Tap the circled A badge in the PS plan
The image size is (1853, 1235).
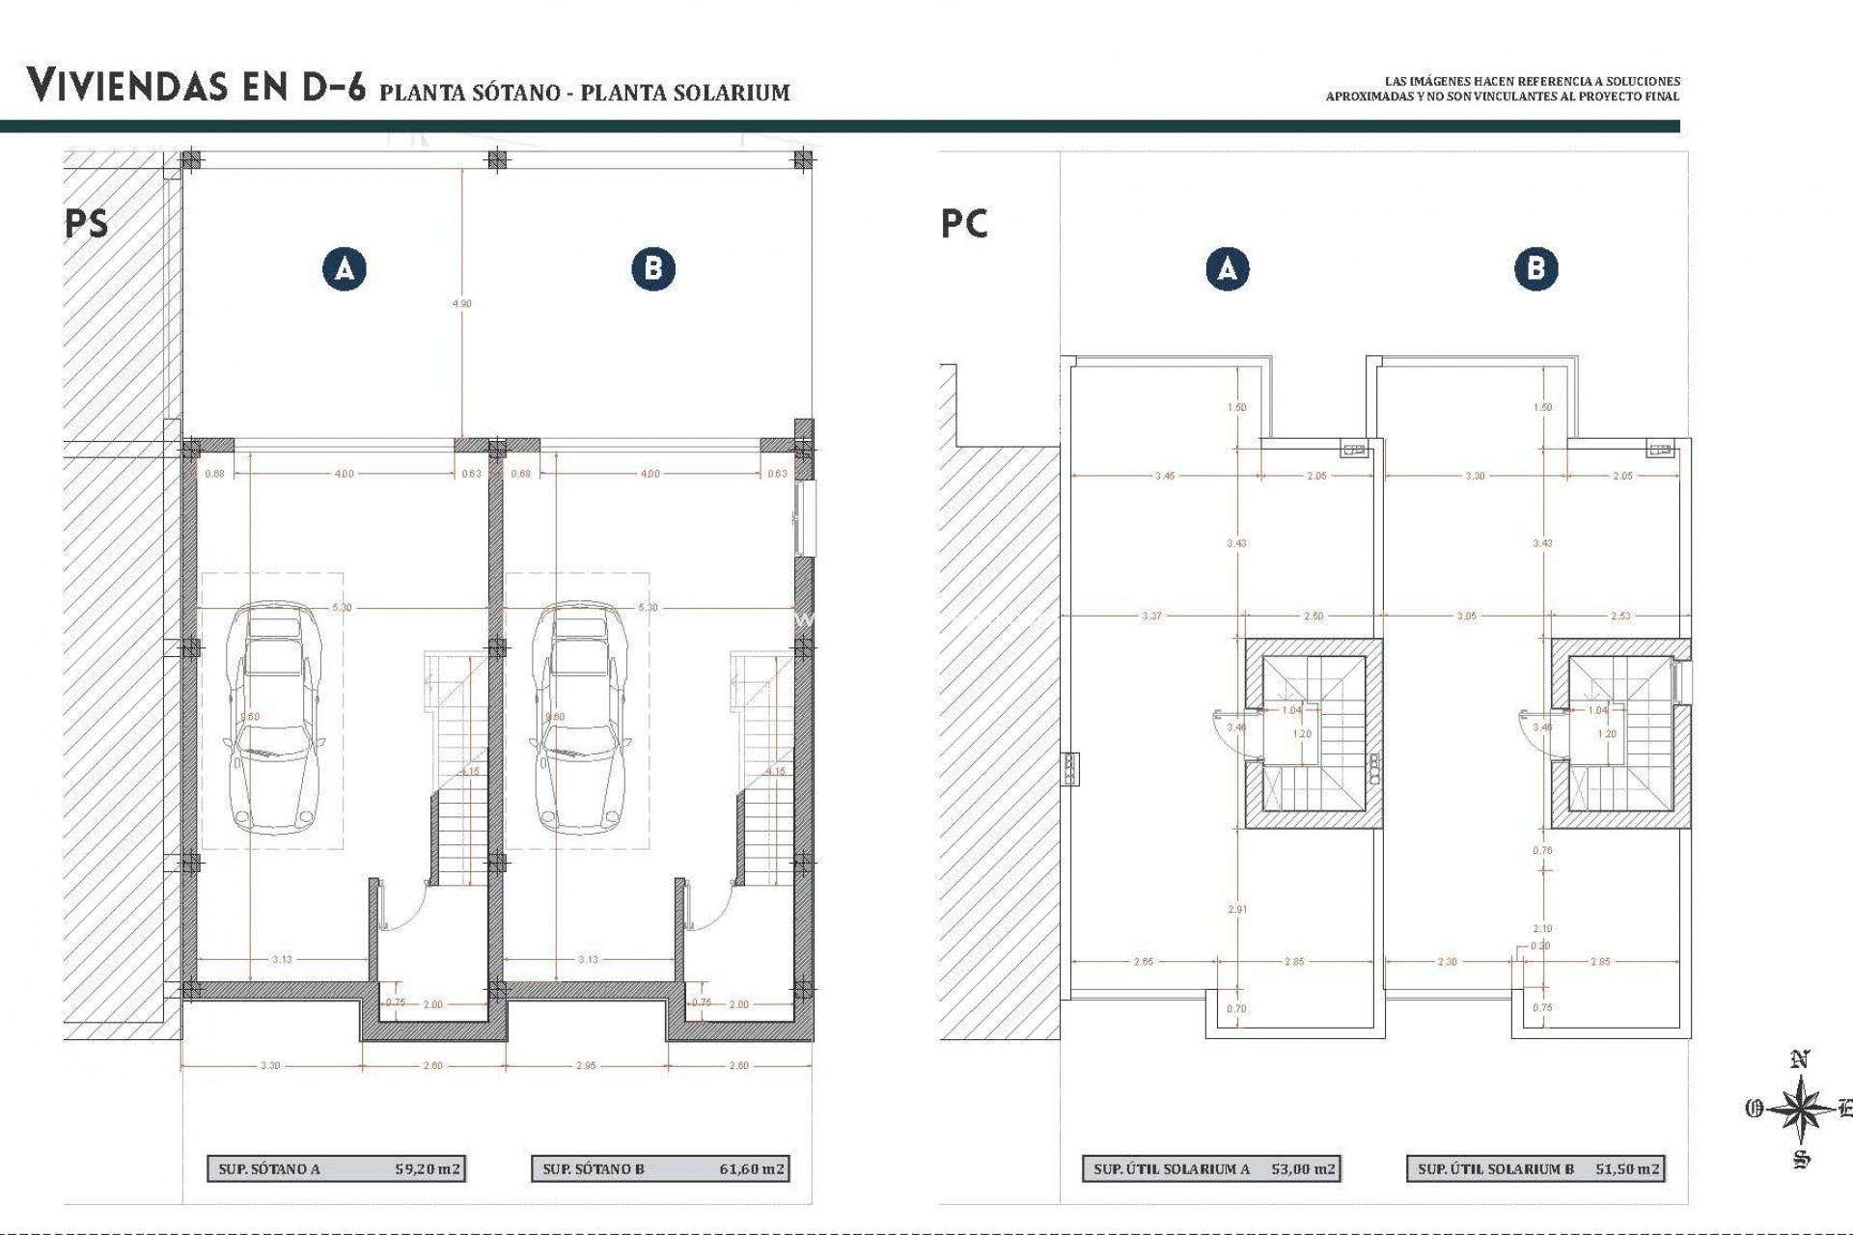[x=345, y=268]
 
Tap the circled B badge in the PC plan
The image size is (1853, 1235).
[x=1535, y=268]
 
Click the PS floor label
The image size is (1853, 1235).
[x=86, y=223]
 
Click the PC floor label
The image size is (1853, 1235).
[x=963, y=223]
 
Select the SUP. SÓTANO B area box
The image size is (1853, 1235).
[x=659, y=1168]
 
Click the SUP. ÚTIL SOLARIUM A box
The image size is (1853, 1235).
[x=1210, y=1168]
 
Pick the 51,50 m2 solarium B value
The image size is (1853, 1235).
[x=1627, y=1168]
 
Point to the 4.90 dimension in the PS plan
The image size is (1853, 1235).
[x=462, y=303]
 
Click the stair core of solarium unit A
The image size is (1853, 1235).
[x=1313, y=733]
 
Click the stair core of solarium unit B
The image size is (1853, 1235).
[x=1621, y=733]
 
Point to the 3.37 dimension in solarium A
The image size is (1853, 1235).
[x=1150, y=616]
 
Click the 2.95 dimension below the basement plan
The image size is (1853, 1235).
[x=586, y=1066]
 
